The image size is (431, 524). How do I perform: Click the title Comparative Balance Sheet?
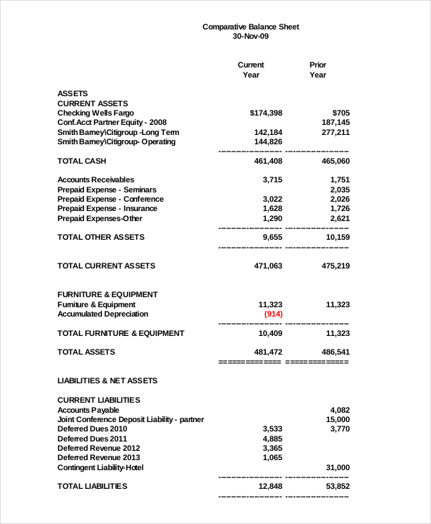pyautogui.click(x=251, y=27)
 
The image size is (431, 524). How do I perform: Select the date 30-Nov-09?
pyautogui.click(x=251, y=36)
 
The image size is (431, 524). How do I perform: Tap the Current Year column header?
pyautogui.click(x=251, y=70)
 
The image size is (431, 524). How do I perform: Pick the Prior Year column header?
pyautogui.click(x=318, y=70)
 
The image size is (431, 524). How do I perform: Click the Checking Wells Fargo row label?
pyautogui.click(x=96, y=113)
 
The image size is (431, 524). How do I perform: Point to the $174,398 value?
pyautogui.click(x=266, y=113)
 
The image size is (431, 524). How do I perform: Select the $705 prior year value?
pyautogui.click(x=341, y=113)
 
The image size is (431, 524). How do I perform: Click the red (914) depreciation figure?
pyautogui.click(x=273, y=314)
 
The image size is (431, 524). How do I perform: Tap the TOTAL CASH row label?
pyautogui.click(x=81, y=161)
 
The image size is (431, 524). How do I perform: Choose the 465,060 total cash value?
pyautogui.click(x=335, y=161)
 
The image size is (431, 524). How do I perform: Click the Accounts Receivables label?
pyautogui.click(x=96, y=179)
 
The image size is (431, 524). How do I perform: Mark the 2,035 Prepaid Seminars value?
pyautogui.click(x=340, y=190)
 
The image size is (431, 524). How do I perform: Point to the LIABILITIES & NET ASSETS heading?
pyautogui.click(x=107, y=380)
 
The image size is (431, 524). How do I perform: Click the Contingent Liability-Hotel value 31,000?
pyautogui.click(x=337, y=467)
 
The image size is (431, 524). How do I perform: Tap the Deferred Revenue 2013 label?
pyautogui.click(x=98, y=457)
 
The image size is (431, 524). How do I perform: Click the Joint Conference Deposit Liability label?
pyautogui.click(x=130, y=419)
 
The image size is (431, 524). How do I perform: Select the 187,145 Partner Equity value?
pyautogui.click(x=335, y=123)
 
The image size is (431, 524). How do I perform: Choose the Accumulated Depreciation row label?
pyautogui.click(x=103, y=314)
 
